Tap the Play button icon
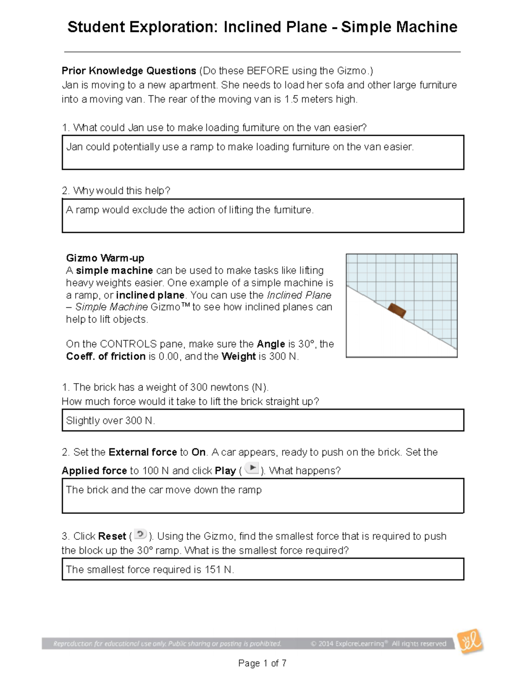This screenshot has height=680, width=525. point(252,469)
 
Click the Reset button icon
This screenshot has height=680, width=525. point(140,534)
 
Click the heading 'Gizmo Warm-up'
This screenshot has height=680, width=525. point(105,258)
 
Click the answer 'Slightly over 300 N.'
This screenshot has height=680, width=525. point(110,421)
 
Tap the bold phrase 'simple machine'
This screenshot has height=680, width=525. point(114,270)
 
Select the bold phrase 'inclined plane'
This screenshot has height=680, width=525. point(150,295)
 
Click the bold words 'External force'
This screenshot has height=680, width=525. point(142,452)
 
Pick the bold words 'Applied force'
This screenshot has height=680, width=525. point(94,471)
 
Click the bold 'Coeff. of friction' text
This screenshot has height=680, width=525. point(105,356)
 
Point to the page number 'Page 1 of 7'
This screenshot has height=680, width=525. point(262,663)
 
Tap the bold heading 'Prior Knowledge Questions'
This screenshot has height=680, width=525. point(129,71)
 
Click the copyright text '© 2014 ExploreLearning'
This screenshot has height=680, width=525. point(347,644)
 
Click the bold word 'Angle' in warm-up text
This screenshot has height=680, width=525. point(271,344)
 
